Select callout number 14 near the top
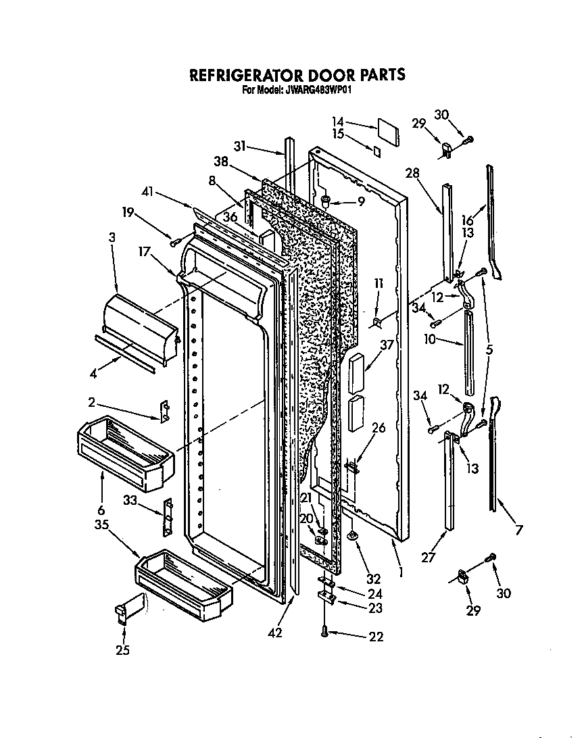338,121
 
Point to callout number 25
122,651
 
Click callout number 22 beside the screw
376,636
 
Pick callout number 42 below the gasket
275,633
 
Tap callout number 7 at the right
518,531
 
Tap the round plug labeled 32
353,536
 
